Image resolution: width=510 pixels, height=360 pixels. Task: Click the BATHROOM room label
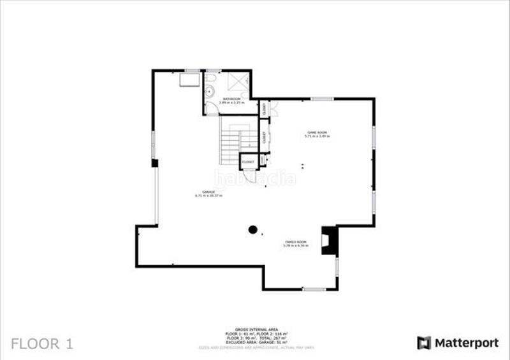pyautogui.click(x=231, y=101)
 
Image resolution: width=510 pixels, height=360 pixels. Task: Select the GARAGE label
pyautogui.click(x=208, y=193)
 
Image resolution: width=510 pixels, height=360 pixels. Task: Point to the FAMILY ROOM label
pyautogui.click(x=296, y=243)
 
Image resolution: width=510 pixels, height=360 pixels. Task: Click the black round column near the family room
pyautogui.click(x=253, y=230)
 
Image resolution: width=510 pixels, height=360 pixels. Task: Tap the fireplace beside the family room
pyautogui.click(x=329, y=241)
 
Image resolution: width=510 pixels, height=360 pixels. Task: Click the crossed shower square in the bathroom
pyautogui.click(x=239, y=81)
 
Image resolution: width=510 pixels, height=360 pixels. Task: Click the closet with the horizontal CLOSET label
pyautogui.click(x=248, y=162)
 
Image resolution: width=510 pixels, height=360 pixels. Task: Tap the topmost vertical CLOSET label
pyautogui.click(x=264, y=108)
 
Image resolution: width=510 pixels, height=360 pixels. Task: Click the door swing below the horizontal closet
pyautogui.click(x=249, y=176)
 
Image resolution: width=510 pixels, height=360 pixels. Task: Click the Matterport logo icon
pyautogui.click(x=424, y=343)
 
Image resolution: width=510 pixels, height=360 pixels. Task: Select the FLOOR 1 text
pyautogui.click(x=42, y=344)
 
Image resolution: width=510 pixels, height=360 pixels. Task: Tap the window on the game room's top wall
pyautogui.click(x=323, y=99)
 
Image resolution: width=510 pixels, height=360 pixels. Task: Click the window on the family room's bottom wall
pyautogui.click(x=314, y=289)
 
